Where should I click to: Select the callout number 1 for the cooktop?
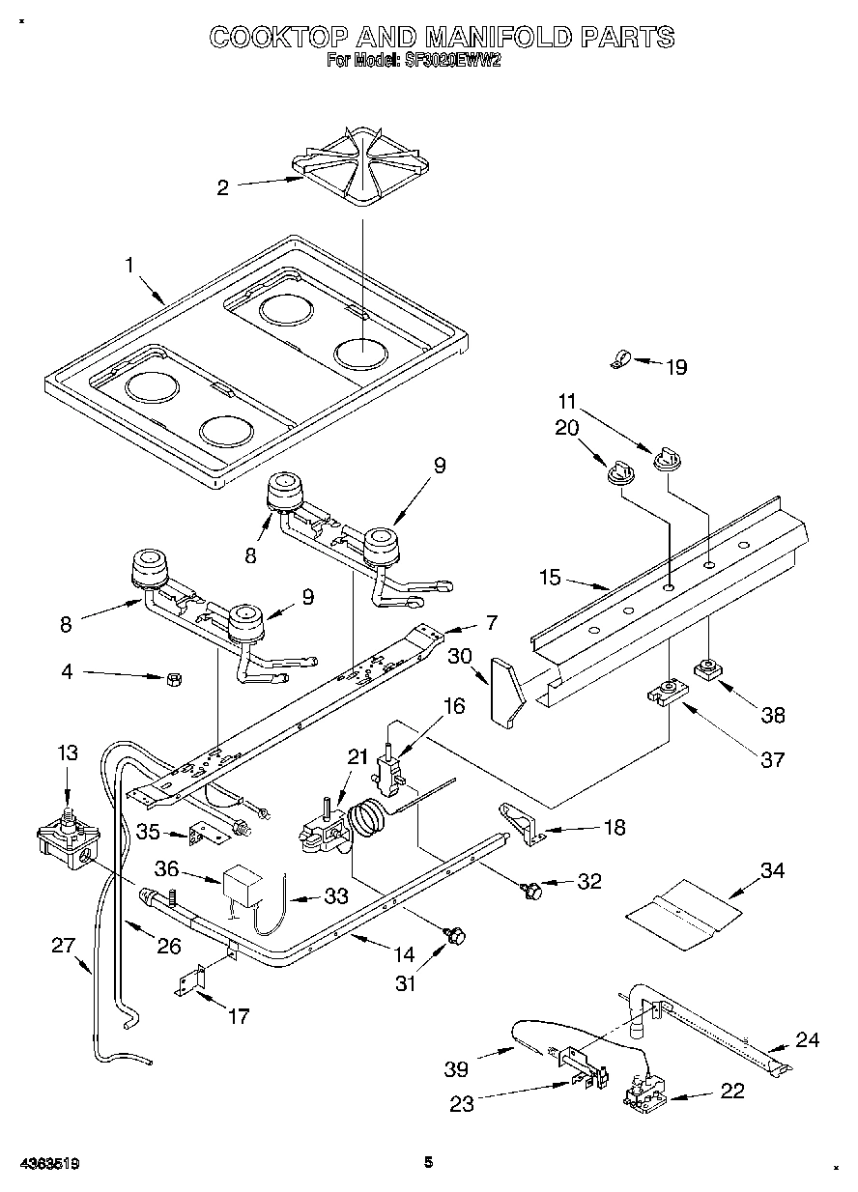(129, 265)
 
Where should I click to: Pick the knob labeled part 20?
(617, 472)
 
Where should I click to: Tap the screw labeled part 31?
(455, 934)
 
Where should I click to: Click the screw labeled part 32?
(529, 889)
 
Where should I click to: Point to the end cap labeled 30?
(506, 690)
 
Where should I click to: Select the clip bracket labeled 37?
(665, 693)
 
